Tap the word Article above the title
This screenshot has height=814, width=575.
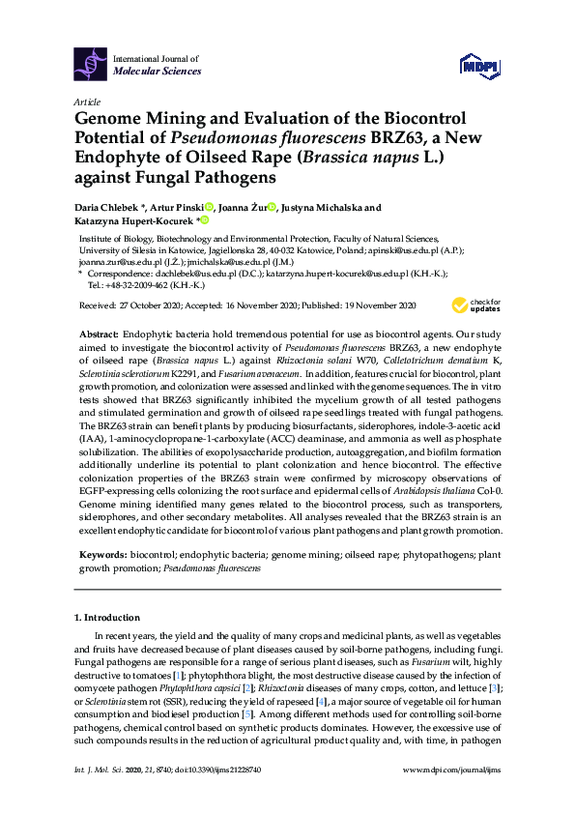[87, 102]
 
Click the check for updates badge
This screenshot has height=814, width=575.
[474, 305]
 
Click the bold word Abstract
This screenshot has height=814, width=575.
[97, 332]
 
